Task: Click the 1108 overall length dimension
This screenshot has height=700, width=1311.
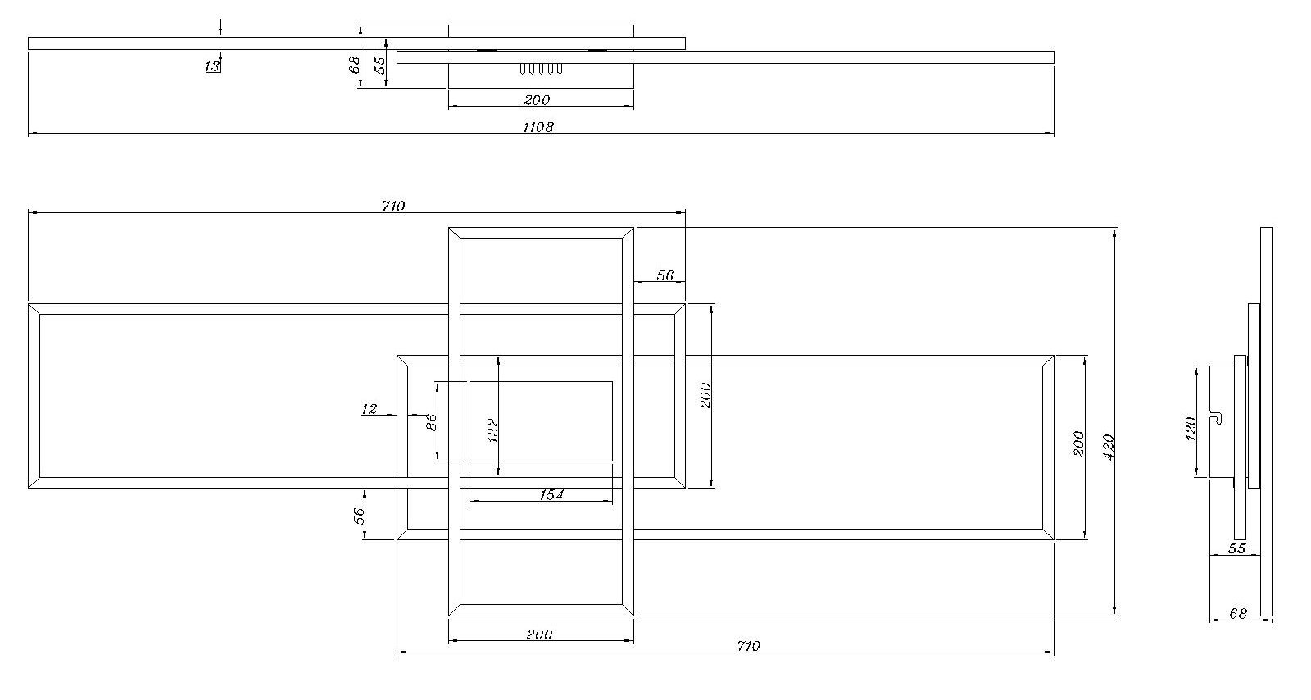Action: click(538, 126)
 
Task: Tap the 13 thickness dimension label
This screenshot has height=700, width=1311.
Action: click(212, 66)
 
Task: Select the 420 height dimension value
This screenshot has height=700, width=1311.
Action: click(1108, 448)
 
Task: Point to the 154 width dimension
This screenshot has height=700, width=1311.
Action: click(551, 495)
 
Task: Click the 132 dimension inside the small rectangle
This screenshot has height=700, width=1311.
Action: click(492, 430)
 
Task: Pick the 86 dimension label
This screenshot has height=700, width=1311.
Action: click(431, 422)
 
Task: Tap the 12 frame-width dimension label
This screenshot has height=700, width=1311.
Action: click(369, 408)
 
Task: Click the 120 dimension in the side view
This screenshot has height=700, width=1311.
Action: click(1190, 430)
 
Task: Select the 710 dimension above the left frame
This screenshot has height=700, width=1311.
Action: click(392, 206)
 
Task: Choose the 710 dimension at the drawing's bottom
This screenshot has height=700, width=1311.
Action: click(748, 646)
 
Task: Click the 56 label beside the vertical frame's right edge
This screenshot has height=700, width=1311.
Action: click(665, 275)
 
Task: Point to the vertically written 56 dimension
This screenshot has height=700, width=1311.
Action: click(359, 516)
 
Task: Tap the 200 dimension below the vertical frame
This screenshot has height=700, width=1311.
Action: click(539, 634)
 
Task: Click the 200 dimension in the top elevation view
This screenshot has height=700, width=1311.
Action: click(537, 100)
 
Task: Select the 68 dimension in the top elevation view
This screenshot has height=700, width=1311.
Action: click(354, 66)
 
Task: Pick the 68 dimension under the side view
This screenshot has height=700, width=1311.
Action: click(1238, 613)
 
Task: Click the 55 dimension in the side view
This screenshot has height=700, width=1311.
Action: click(1236, 548)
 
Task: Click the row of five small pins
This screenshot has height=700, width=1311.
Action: click(541, 69)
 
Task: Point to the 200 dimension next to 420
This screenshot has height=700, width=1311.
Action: click(1078, 443)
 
